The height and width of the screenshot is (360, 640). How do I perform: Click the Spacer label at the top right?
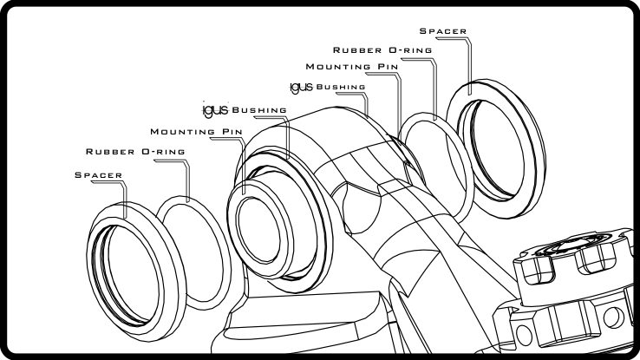(443, 31)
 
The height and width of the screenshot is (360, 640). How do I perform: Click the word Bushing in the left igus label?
(256, 110)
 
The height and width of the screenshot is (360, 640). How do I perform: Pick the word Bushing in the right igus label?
(341, 87)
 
